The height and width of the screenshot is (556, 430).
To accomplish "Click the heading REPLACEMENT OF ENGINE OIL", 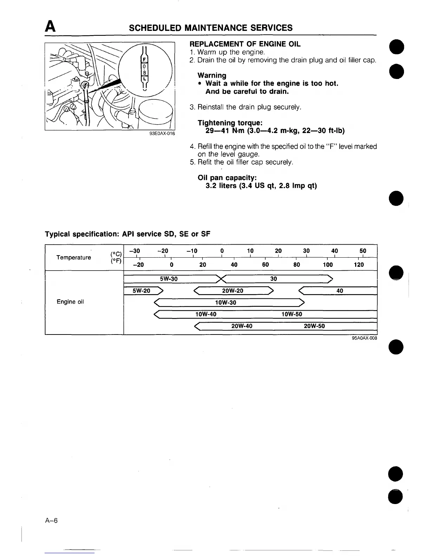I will (x=245, y=44).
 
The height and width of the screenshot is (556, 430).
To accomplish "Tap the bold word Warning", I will (x=212, y=75).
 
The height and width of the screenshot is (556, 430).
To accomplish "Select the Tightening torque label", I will (x=230, y=123).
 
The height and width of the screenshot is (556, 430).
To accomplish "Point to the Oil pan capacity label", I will (x=227, y=178).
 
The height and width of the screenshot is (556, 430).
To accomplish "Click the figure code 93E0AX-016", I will (x=162, y=134).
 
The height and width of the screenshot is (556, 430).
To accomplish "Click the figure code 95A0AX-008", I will (x=364, y=338).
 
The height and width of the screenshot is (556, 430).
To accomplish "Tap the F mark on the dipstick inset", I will (x=144, y=59).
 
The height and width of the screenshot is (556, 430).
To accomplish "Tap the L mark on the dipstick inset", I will (x=144, y=79).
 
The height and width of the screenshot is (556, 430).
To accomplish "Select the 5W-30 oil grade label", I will (x=169, y=279).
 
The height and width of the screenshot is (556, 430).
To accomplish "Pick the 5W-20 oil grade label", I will (x=141, y=291).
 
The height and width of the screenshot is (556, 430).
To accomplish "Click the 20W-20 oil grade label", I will (x=233, y=291).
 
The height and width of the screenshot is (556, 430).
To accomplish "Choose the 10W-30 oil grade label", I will (x=226, y=303).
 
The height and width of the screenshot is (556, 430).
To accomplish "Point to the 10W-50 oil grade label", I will (x=292, y=314).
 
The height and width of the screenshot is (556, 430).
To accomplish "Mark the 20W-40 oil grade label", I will (x=242, y=326).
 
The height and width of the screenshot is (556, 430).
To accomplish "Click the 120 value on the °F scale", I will (x=359, y=265).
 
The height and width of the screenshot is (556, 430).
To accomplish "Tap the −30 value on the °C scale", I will (x=135, y=251).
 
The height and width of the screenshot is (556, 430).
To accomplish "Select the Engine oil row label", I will (x=70, y=302).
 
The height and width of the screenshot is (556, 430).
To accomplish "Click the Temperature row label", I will (x=74, y=258).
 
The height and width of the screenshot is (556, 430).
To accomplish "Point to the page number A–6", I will (x=51, y=521).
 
